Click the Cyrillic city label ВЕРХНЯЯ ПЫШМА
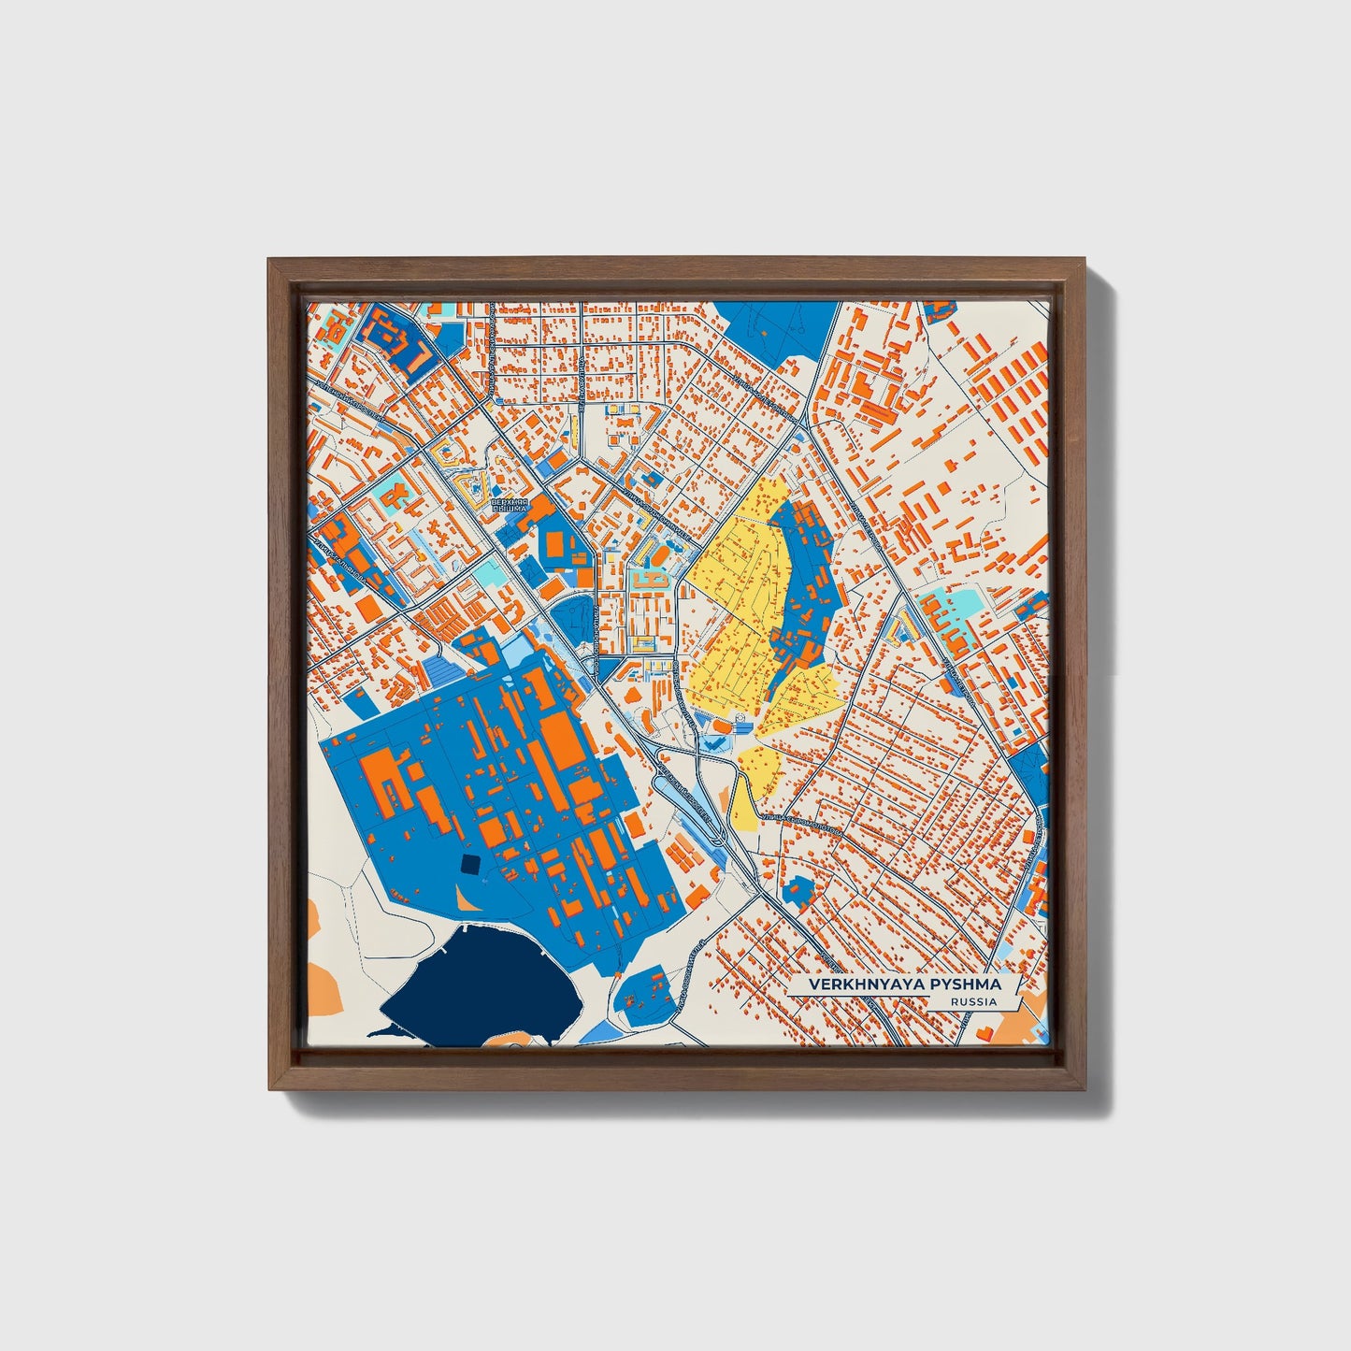click(509, 506)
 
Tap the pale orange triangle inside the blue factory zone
click(464, 898)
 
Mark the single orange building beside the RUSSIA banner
click(985, 1029)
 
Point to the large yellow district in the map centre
click(739, 598)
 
